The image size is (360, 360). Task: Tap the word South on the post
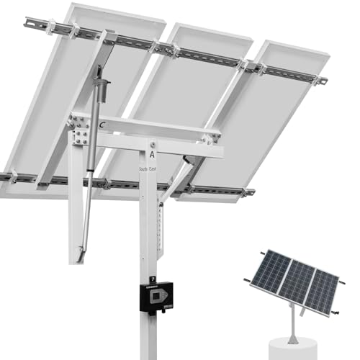coord(144,168)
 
